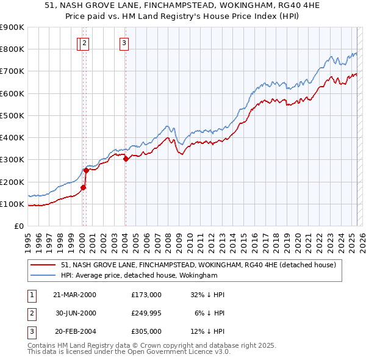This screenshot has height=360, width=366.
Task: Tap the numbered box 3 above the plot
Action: [x=124, y=43]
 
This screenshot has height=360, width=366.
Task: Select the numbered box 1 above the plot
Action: [x=80, y=43]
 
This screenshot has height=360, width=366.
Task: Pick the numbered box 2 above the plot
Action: [x=86, y=43]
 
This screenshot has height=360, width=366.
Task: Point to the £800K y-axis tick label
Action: [x=12, y=49]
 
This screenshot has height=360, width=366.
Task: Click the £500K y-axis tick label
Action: [x=12, y=115]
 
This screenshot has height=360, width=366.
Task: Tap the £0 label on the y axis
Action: [x=19, y=226]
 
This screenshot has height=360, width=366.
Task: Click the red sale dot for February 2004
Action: [x=126, y=159]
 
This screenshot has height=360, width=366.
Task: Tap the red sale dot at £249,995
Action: [x=86, y=171]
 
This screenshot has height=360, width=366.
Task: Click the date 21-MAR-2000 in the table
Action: [x=75, y=294]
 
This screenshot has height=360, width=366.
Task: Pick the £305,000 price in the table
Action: [x=146, y=332]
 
